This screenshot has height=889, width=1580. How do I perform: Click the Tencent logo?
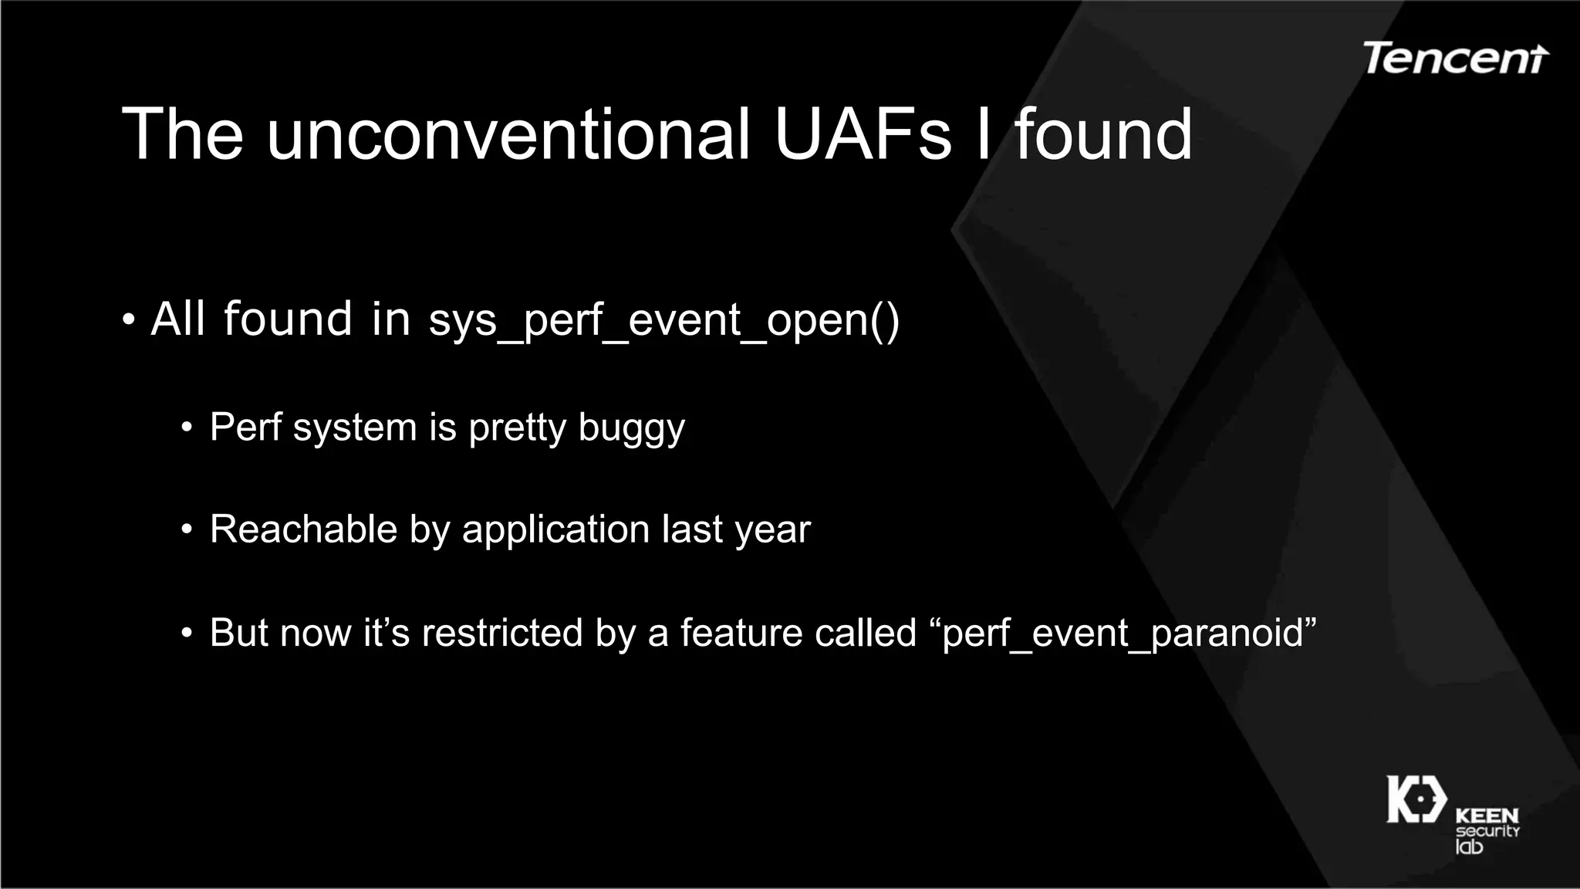pyautogui.click(x=1455, y=58)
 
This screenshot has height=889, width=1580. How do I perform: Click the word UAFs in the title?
pyautogui.click(x=863, y=134)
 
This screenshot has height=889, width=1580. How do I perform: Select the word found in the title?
pyautogui.click(x=1103, y=134)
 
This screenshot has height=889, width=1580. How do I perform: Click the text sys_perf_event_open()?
pyautogui.click(x=664, y=319)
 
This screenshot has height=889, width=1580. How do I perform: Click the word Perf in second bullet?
pyautogui.click(x=245, y=427)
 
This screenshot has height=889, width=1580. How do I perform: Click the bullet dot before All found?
pyautogui.click(x=129, y=319)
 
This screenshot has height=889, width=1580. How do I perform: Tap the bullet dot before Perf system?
pyautogui.click(x=187, y=428)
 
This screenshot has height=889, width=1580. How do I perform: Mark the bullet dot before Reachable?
pyautogui.click(x=187, y=530)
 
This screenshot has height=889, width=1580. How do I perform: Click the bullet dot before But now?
pyautogui.click(x=187, y=634)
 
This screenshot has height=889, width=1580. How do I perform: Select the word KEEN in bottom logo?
pyautogui.click(x=1487, y=815)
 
